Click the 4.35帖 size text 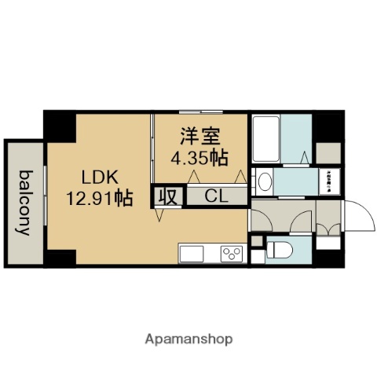(199, 157)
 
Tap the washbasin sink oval (265, 183)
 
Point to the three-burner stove (232, 254)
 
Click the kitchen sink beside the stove (193, 254)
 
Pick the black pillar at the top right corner (331, 126)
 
